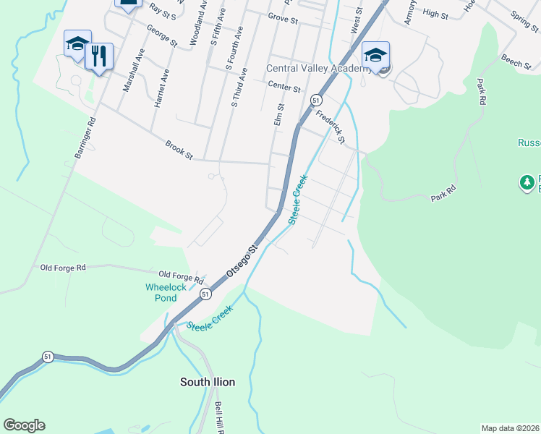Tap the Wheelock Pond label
point(166,292)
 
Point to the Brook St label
point(179,149)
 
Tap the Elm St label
point(279,114)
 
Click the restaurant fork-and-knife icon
point(99,56)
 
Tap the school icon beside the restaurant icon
point(77,43)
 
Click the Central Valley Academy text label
point(319,69)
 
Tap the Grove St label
point(283,17)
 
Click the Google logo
point(24,425)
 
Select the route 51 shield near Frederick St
point(316,100)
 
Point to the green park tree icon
point(527,181)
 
